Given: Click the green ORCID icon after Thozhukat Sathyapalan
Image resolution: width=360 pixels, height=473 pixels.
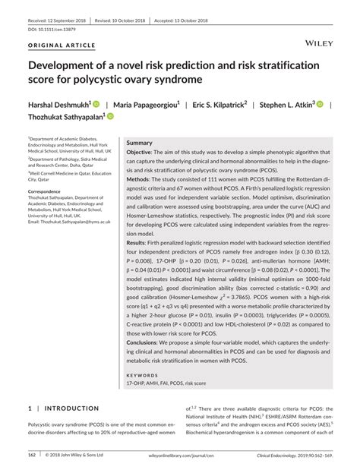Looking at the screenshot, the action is click(110, 117).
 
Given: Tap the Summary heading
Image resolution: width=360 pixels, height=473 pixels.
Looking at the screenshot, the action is click(139, 143).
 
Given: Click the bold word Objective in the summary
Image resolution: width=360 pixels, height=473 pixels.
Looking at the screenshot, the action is click(141, 153).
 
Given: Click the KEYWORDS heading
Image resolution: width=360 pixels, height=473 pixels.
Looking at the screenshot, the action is click(143, 375).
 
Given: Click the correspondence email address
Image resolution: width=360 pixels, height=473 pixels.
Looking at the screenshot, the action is click(69, 222).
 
